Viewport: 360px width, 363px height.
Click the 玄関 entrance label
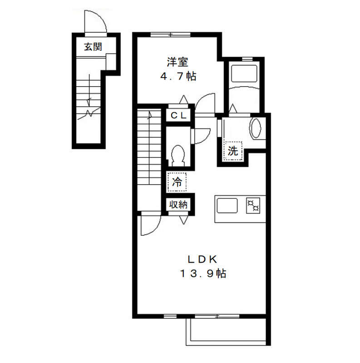tap(93, 47)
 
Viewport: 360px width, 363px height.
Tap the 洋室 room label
tap(178, 62)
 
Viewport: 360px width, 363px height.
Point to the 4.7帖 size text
tap(178, 76)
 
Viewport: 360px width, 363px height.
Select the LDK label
tap(202, 260)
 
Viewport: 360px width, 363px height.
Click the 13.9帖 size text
tap(203, 274)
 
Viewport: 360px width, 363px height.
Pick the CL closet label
tap(178, 115)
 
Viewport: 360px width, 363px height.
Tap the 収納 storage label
tap(178, 205)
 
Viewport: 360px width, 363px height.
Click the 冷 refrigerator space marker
tap(177, 182)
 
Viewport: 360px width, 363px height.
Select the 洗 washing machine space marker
tap(233, 151)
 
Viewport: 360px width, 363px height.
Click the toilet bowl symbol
tap(178, 155)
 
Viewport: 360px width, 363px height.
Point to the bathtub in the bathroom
tap(244, 73)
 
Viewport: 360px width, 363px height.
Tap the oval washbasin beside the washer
tap(255, 128)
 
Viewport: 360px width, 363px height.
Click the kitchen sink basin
tap(227, 206)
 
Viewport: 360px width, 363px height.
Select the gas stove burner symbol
tap(253, 206)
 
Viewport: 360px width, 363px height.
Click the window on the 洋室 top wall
tap(171, 35)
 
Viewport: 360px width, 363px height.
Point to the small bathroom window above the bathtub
tap(247, 59)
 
